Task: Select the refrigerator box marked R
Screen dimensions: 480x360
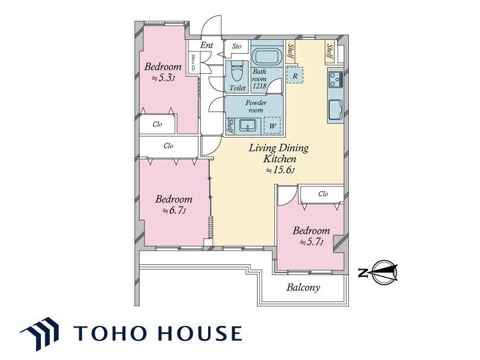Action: tap(295, 75)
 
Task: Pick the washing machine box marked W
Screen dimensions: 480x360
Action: tap(272, 125)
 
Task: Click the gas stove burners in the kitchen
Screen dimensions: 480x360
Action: tap(336, 79)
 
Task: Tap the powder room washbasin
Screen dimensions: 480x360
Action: tap(247, 125)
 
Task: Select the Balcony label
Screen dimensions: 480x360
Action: tap(303, 287)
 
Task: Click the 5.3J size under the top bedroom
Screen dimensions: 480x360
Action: tap(164, 78)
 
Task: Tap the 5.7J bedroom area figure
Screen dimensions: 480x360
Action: tap(312, 242)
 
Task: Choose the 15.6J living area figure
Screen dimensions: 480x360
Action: tap(280, 170)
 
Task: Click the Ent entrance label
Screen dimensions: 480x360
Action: tap(207, 45)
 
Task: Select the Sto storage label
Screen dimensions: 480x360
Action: tap(236, 46)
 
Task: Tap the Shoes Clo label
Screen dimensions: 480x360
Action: tap(193, 63)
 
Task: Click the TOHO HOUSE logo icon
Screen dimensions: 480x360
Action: tap(40, 333)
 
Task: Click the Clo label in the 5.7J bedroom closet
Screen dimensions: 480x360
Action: tap(323, 194)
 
